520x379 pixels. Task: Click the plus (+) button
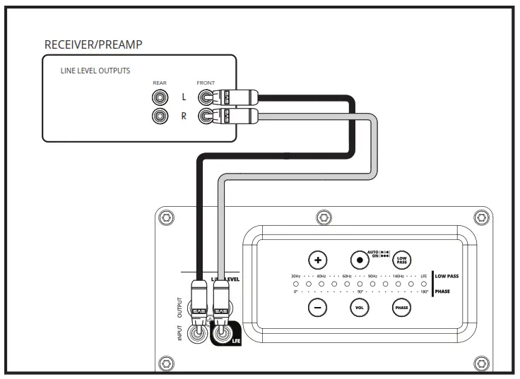tap(319, 258)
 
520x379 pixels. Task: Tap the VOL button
tap(359, 307)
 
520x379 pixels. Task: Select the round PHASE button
tap(401, 307)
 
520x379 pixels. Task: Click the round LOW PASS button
tap(401, 258)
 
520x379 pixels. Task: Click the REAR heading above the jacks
tap(159, 83)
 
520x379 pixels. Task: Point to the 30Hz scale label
tap(295, 276)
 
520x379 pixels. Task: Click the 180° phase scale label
tap(424, 291)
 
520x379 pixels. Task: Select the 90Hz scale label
tap(372, 276)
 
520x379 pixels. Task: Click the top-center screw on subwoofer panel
tap(323, 217)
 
